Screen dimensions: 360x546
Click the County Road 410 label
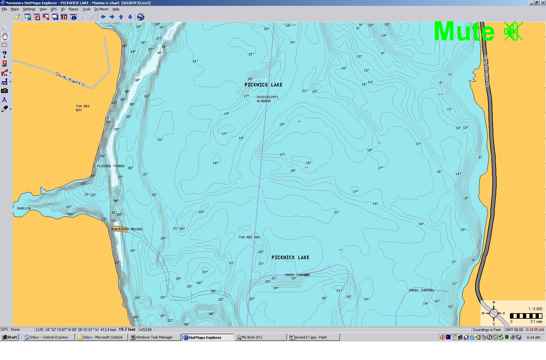click(x=70, y=80)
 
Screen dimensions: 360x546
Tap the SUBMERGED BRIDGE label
click(x=127, y=229)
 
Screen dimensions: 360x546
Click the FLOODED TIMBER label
click(x=111, y=166)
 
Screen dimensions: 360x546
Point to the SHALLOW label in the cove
click(x=24, y=208)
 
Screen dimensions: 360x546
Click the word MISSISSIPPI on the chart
click(x=267, y=97)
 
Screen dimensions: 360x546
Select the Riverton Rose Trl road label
click(x=486, y=71)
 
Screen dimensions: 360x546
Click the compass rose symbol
click(x=493, y=313)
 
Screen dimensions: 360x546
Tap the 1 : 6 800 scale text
click(x=535, y=309)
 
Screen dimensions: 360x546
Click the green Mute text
click(x=464, y=32)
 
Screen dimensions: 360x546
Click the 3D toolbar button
click(x=64, y=17)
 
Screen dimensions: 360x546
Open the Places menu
click(x=73, y=9)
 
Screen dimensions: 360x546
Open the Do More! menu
click(x=101, y=9)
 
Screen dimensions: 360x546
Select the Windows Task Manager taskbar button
click(x=154, y=337)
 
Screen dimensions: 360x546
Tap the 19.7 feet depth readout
click(x=127, y=329)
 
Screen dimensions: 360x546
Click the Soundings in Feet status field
click(x=487, y=329)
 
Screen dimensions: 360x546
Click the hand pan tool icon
click(x=5, y=36)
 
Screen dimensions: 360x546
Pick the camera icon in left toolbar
click(x=5, y=91)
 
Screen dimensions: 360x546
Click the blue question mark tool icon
click(x=5, y=54)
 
